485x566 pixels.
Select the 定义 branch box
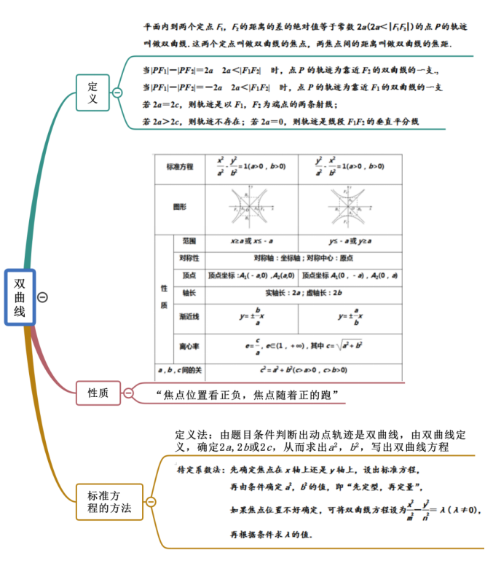(92, 93)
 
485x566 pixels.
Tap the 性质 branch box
(98, 393)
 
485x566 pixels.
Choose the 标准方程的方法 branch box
(109, 501)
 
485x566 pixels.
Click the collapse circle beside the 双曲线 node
(43, 297)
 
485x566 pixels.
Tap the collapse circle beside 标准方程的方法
(151, 501)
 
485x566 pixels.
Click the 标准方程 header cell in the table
(180, 168)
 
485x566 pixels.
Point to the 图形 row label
(180, 207)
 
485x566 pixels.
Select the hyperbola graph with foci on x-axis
(251, 207)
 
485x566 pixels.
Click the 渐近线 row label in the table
(189, 317)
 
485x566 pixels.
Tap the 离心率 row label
(189, 345)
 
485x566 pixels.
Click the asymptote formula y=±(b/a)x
(252, 316)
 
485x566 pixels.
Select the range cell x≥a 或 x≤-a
(252, 241)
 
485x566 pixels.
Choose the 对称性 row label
(189, 259)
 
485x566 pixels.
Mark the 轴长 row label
(189, 293)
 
